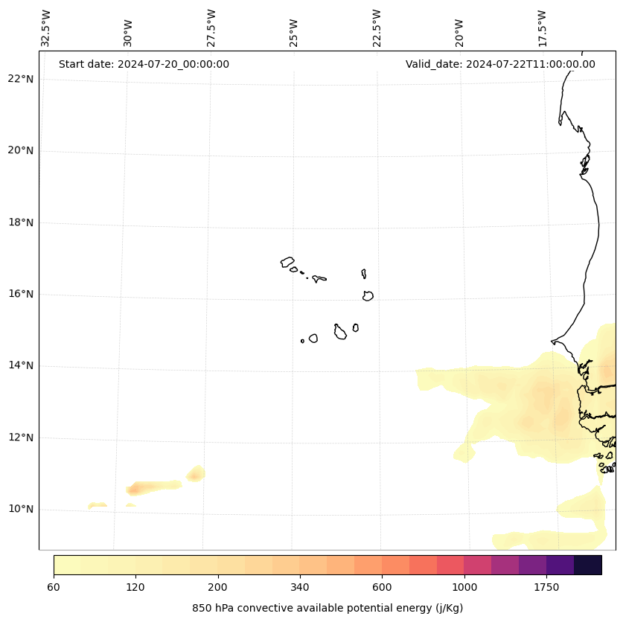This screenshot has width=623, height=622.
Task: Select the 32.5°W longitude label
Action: click(x=46, y=28)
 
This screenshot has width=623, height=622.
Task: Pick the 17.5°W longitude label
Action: click(x=542, y=28)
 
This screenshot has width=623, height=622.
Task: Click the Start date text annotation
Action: click(x=144, y=64)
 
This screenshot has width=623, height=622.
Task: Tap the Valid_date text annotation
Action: click(x=500, y=64)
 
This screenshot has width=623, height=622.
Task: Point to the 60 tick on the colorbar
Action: click(x=54, y=587)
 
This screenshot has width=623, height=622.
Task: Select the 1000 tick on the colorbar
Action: click(x=464, y=587)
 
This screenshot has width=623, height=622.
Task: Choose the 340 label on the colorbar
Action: click(x=300, y=587)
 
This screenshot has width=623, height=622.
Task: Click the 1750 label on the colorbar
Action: click(x=546, y=587)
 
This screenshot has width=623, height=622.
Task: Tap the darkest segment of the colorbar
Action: click(x=588, y=565)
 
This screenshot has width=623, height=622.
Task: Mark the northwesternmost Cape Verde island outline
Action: click(x=287, y=262)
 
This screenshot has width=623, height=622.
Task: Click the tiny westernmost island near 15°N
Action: click(x=302, y=341)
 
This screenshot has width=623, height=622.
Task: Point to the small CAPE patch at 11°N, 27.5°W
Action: click(x=196, y=474)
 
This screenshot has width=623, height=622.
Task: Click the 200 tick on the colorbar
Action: click(x=218, y=587)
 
